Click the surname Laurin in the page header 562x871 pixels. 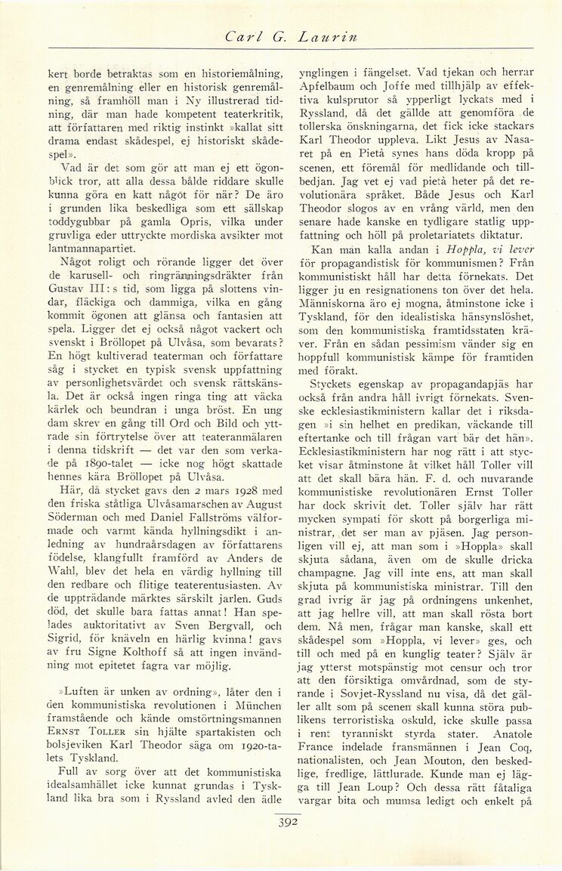coord(318,36)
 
